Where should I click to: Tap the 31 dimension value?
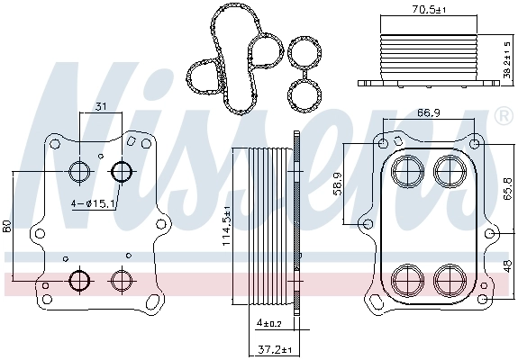[x=101, y=107]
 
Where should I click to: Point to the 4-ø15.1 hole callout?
[x=92, y=204]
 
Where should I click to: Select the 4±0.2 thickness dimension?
[x=268, y=323]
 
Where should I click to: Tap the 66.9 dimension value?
[x=428, y=113]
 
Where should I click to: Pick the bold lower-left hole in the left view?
[x=79, y=279]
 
